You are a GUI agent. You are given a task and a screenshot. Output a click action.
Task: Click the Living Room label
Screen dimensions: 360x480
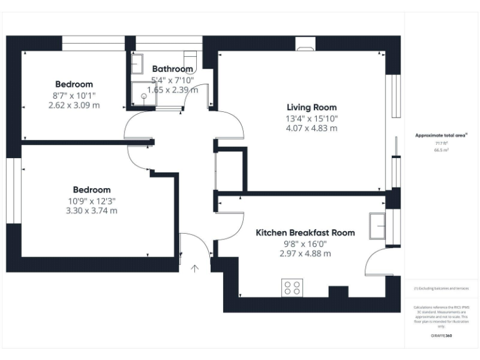pyautogui.click(x=311, y=107)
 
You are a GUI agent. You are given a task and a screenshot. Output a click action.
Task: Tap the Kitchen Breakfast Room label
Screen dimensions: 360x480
pyautogui.click(x=305, y=232)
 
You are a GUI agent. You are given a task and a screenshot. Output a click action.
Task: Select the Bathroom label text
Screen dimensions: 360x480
pyautogui.click(x=172, y=69)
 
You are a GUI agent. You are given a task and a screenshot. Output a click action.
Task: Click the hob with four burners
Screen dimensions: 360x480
pyautogui.click(x=292, y=287)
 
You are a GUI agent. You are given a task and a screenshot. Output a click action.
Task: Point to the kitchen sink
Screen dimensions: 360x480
pyautogui.click(x=377, y=226)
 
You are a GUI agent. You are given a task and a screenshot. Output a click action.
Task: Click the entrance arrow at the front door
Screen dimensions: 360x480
pyautogui.click(x=194, y=269)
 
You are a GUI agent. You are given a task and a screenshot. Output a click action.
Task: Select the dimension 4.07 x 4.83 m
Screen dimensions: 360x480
pyautogui.click(x=311, y=128)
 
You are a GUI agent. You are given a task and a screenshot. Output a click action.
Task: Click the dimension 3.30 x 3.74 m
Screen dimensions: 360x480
pyautogui.click(x=91, y=211)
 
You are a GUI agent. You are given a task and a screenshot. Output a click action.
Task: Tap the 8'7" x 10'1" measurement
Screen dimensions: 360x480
pyautogui.click(x=74, y=95)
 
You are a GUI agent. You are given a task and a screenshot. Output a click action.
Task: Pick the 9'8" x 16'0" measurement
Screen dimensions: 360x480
pyautogui.click(x=305, y=243)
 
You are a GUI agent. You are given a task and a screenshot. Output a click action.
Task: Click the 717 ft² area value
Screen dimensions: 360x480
pyautogui.click(x=442, y=143)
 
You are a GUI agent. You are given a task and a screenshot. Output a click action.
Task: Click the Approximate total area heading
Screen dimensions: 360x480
pyautogui.click(x=441, y=135)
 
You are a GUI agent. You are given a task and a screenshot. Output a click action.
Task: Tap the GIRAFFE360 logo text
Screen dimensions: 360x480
pyautogui.click(x=441, y=336)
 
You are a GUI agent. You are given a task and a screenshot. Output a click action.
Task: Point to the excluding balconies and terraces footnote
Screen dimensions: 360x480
pyautogui.click(x=441, y=288)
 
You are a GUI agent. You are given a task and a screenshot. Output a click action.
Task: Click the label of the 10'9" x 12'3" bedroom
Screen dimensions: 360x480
pyautogui.click(x=91, y=189)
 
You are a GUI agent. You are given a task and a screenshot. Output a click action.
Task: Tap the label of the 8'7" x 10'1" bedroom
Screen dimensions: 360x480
pyautogui.click(x=74, y=84)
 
